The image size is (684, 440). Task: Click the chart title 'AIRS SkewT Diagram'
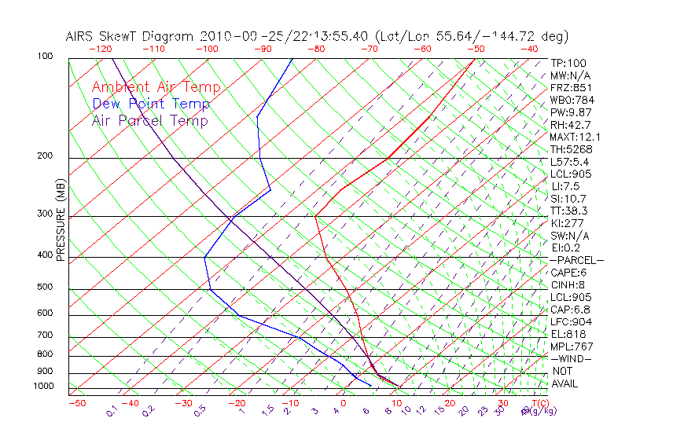point(131,37)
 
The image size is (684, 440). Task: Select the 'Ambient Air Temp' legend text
point(156,87)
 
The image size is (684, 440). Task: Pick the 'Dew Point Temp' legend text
point(151,104)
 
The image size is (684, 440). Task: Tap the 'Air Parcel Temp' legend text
point(150,120)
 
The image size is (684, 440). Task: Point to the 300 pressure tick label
point(46,213)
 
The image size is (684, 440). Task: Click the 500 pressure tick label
point(46,287)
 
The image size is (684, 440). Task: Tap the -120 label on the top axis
point(100,49)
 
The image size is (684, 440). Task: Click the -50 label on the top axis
point(476,49)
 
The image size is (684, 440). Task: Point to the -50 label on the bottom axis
point(76,403)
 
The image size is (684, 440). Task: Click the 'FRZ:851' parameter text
point(568,88)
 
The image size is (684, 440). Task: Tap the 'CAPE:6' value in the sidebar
point(568,273)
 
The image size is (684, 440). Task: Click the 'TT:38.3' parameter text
point(569,211)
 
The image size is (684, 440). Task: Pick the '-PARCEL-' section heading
point(577,260)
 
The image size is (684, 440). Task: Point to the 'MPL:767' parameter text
point(570,346)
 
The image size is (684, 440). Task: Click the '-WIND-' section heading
point(572,358)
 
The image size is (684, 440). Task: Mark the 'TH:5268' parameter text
point(571,149)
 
